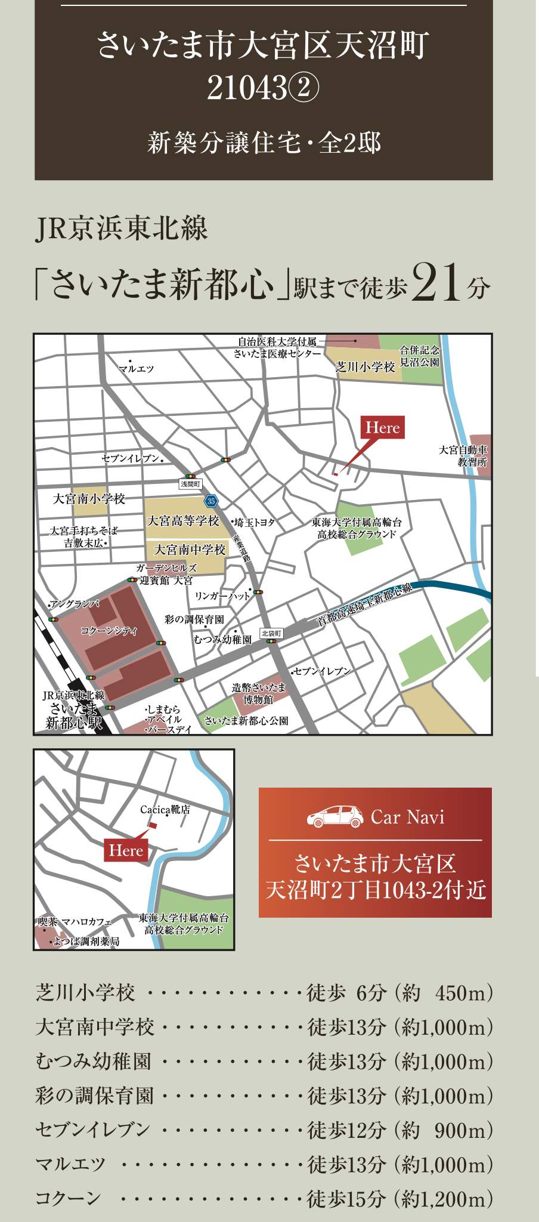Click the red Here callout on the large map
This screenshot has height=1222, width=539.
point(383,428)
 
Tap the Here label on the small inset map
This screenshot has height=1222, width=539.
point(126,850)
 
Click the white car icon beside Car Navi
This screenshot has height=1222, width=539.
point(335,816)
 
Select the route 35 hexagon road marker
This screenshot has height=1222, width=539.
point(211,501)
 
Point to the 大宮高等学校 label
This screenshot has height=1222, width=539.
point(183,521)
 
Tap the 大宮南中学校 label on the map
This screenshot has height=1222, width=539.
point(190,550)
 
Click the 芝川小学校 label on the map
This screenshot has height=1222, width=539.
point(365,367)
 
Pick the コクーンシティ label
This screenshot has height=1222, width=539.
point(109,631)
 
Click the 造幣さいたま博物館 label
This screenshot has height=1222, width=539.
point(258,693)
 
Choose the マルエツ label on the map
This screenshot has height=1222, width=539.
point(137,369)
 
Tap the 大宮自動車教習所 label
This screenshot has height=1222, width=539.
point(464,456)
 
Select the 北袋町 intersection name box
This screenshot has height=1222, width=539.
point(271,633)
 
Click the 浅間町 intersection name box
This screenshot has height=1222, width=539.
point(191,484)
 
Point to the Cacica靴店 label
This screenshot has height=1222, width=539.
point(165,810)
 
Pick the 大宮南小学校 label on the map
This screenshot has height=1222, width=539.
point(89,499)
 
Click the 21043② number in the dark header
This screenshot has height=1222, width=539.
point(263,90)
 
